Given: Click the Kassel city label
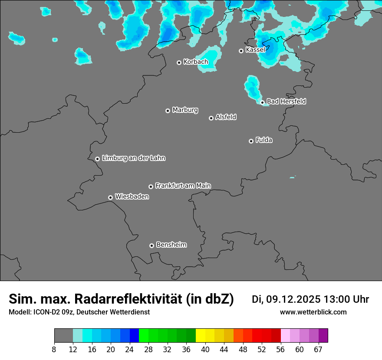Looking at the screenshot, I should [255, 50].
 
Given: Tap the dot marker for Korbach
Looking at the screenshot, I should [179, 62].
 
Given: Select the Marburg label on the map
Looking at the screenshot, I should [185, 110].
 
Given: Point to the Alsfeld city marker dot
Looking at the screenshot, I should [211, 118].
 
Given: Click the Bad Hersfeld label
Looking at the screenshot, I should [286, 101].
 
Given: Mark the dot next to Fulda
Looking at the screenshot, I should [251, 141].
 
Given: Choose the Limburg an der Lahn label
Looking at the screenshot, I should [133, 158].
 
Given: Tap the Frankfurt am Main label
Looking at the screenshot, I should [183, 186].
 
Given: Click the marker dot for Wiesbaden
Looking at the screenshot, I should [111, 197].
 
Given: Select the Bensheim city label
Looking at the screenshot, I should [171, 245].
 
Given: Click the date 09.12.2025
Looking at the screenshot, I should [293, 299].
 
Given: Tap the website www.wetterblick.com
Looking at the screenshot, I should [313, 312].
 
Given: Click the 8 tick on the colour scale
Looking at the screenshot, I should [54, 349].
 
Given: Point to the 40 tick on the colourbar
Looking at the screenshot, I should [205, 349].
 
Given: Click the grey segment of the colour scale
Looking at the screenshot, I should [63, 336].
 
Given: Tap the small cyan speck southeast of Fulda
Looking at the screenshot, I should [292, 177].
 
